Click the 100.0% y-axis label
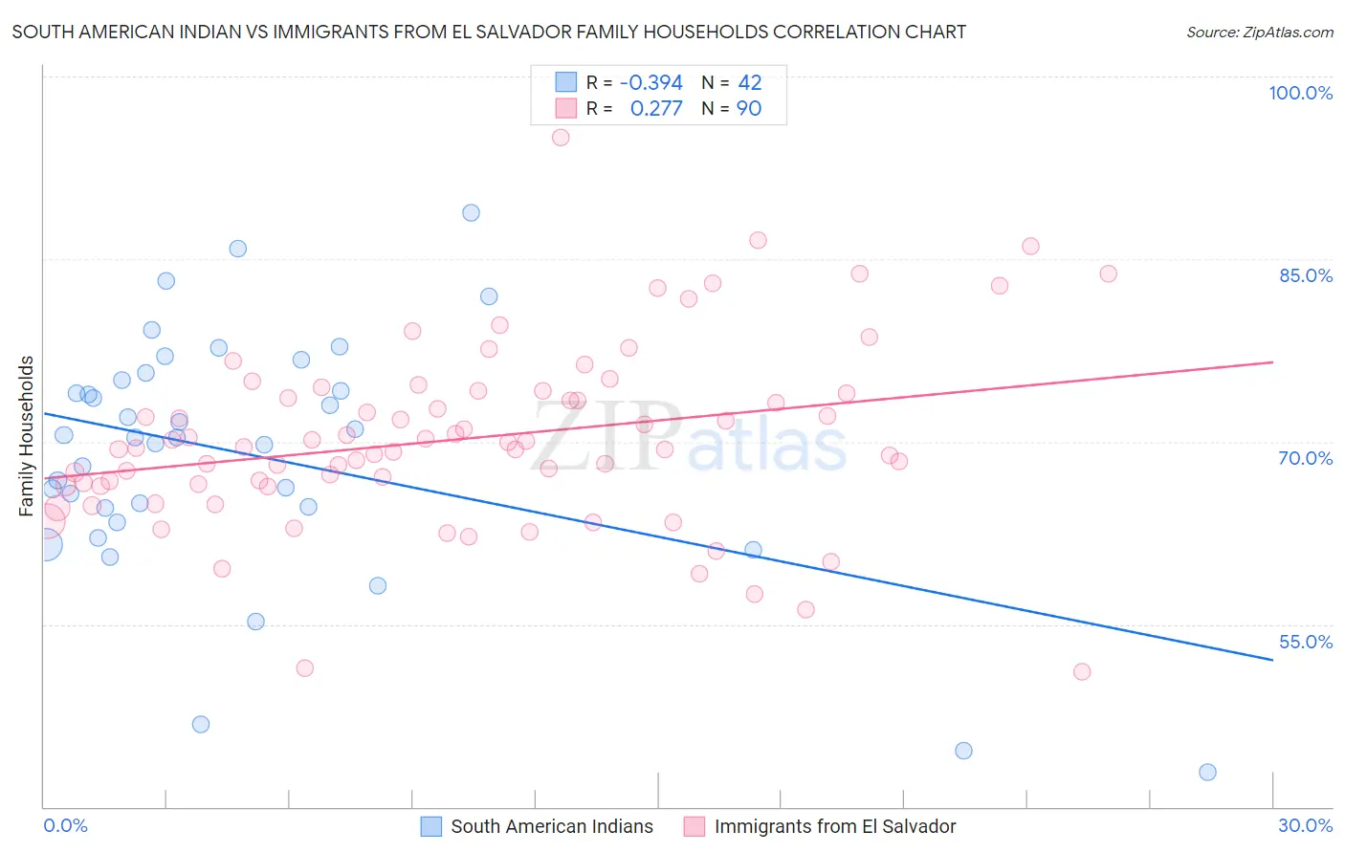pyautogui.click(x=1300, y=93)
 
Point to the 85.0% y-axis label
pyautogui.click(x=1306, y=275)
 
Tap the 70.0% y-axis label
pyautogui.click(x=1306, y=458)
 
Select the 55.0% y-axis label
pyautogui.click(x=1306, y=642)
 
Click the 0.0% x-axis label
pyautogui.click(x=65, y=825)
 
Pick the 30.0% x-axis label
pyautogui.click(x=1305, y=825)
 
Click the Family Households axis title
pyautogui.click(x=26, y=436)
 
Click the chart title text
pyautogui.click(x=489, y=32)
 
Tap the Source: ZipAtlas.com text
pyautogui.click(x=1259, y=32)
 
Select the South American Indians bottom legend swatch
pyautogui.click(x=431, y=826)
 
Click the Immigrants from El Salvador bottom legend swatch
pyautogui.click(x=695, y=826)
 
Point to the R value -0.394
pyautogui.click(x=651, y=83)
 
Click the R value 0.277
pyautogui.click(x=656, y=109)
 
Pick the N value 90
pyautogui.click(x=749, y=109)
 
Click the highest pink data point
pyautogui.click(x=561, y=138)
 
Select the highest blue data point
pyautogui.click(x=471, y=213)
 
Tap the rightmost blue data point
pyautogui.click(x=1207, y=772)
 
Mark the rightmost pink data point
pyautogui.click(x=1108, y=273)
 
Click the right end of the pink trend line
pyautogui.click(x=1272, y=362)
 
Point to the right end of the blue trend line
pyautogui.click(x=1272, y=659)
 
